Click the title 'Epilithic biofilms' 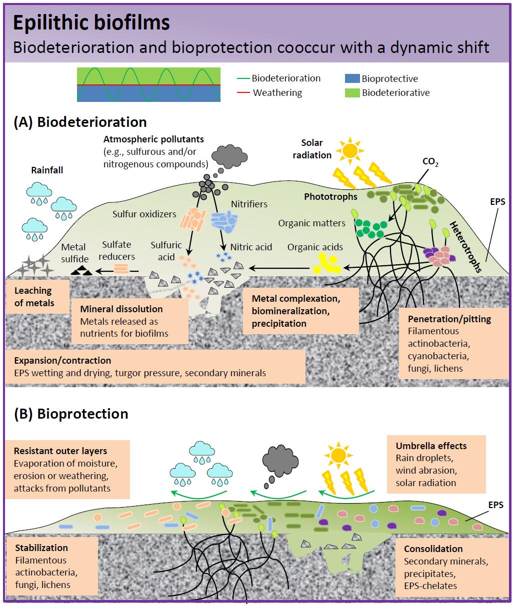pyautogui.click(x=91, y=22)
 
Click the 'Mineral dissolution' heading pyautogui.click(x=121, y=309)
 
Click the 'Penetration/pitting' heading pyautogui.click(x=449, y=319)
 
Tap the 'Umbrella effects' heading pyautogui.click(x=431, y=446)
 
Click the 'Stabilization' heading pyautogui.click(x=41, y=548)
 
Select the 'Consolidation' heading pyautogui.click(x=433, y=549)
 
